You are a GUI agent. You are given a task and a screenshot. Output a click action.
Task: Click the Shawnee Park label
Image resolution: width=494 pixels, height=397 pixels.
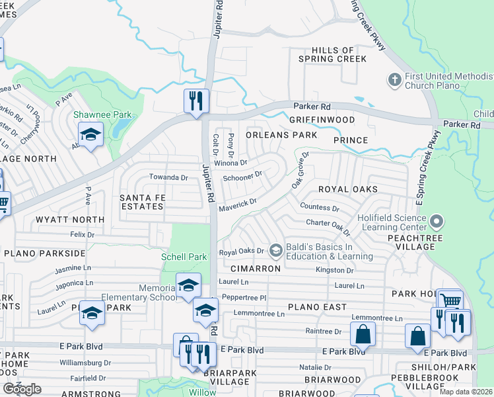pyautogui.click(x=102, y=114)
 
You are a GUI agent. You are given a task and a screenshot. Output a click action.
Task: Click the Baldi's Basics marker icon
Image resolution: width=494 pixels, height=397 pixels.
pyautogui.click(x=275, y=251)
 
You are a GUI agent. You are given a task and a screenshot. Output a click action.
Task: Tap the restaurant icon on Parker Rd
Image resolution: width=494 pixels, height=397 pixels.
pyautogui.click(x=196, y=101)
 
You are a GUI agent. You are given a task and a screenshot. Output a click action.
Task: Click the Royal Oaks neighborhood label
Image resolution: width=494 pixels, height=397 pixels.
pyautogui.click(x=348, y=189)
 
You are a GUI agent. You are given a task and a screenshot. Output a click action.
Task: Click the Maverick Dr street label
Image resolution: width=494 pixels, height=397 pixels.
pyautogui.click(x=237, y=205)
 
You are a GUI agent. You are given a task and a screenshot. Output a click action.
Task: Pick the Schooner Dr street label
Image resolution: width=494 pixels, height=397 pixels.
pyautogui.click(x=242, y=177)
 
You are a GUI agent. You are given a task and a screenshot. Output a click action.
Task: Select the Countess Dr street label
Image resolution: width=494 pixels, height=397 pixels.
pyautogui.click(x=319, y=208)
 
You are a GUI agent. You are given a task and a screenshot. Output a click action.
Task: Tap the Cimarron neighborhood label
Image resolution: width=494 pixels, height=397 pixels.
pyautogui.click(x=256, y=269)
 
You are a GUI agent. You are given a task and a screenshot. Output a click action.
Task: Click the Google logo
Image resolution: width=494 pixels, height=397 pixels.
pyautogui.click(x=22, y=389)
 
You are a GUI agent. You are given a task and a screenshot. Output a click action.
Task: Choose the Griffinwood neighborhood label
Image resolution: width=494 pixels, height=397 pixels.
pyautogui.click(x=322, y=120)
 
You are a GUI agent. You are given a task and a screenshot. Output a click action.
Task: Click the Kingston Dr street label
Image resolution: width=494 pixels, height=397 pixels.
pyautogui.click(x=334, y=270)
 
